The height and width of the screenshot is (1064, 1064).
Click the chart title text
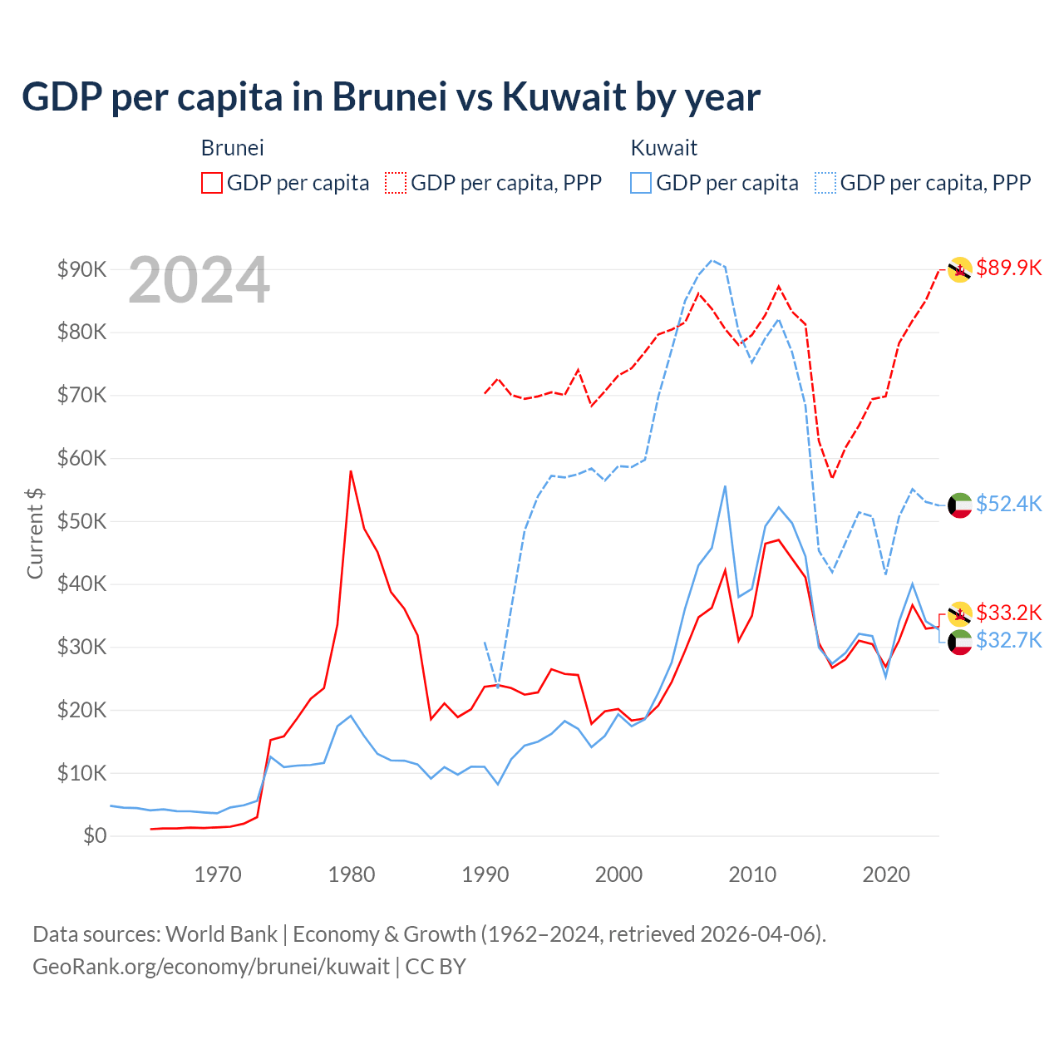(391, 97)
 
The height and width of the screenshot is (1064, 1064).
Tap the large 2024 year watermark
(199, 280)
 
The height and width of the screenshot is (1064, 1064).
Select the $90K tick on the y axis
(81, 269)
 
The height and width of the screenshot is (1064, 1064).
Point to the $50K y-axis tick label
(81, 521)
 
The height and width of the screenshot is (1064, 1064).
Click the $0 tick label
(95, 835)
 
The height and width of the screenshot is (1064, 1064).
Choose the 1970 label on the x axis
(218, 874)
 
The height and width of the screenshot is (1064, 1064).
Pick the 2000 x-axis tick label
(618, 874)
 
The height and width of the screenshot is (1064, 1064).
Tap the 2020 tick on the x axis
(886, 874)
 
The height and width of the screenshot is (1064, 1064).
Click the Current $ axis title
(35, 533)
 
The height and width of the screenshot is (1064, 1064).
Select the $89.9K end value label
(1008, 268)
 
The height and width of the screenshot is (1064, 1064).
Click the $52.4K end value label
(1008, 504)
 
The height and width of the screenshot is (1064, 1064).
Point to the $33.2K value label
(1008, 613)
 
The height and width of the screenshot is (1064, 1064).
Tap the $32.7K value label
(1008, 640)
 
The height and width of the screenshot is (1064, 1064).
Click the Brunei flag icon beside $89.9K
(960, 269)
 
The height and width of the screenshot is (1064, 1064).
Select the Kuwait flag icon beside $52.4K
(960, 505)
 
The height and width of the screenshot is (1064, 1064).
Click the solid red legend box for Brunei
(212, 183)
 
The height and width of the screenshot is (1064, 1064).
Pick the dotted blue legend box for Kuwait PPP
(825, 183)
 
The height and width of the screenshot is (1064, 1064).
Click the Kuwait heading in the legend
(663, 148)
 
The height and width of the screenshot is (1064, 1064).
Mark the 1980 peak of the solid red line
(351, 471)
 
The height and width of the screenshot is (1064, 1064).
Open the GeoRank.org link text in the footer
(211, 967)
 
